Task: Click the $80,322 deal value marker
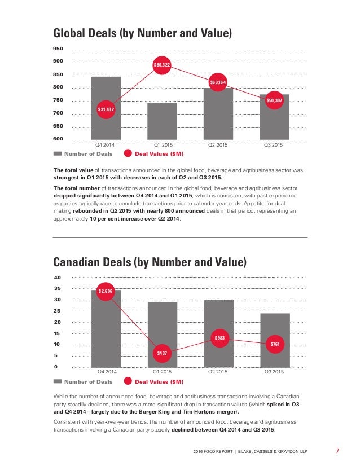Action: (x=162, y=65)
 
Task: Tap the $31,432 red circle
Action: (x=106, y=109)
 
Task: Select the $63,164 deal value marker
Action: (x=218, y=82)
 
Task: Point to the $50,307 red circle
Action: (x=274, y=100)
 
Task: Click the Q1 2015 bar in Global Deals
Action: (x=163, y=121)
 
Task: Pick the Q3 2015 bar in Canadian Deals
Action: (x=275, y=340)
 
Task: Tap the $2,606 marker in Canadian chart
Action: (x=106, y=291)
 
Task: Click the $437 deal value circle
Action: (x=162, y=353)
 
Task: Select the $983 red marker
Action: (x=219, y=338)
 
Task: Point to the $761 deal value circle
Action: (x=275, y=344)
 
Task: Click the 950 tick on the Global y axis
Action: (x=58, y=49)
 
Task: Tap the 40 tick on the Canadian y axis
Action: (x=57, y=277)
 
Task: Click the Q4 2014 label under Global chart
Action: (x=104, y=145)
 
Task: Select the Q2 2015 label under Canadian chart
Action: (x=218, y=371)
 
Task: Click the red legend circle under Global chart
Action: (x=128, y=153)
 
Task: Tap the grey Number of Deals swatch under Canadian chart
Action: (x=58, y=381)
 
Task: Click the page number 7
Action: (x=337, y=451)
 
